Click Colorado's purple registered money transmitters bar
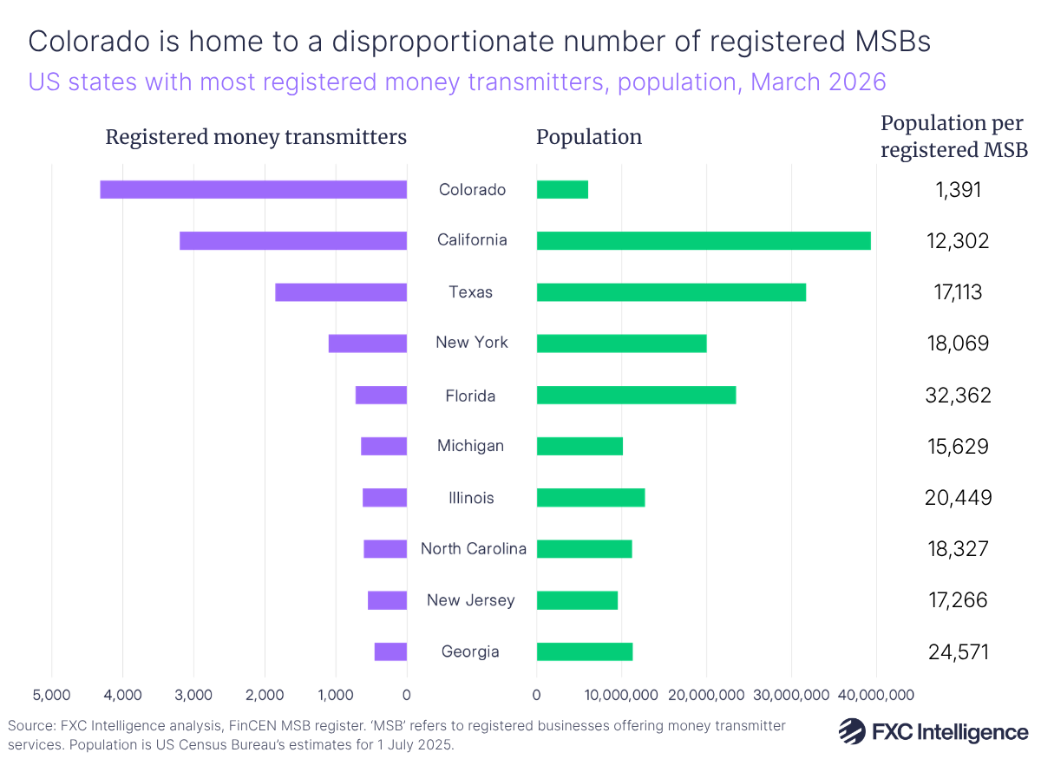coord(253,189)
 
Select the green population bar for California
coord(704,240)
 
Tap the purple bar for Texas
coord(341,292)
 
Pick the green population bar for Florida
coord(636,395)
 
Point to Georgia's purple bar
coord(390,651)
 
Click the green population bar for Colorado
coord(562,189)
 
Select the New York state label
coord(472,343)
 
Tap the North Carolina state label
coord(473,548)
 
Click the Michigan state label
coord(470,446)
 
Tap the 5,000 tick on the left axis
coord(51,694)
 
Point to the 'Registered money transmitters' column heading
coord(256,137)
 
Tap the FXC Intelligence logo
coord(933,730)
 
